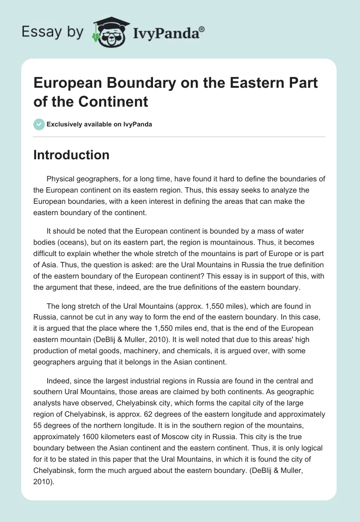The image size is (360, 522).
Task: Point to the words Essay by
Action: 53,32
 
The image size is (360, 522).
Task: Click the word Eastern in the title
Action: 242,83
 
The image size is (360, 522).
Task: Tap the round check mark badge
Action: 39,124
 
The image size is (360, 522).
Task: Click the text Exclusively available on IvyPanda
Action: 99,125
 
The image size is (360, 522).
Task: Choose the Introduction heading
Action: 71,155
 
